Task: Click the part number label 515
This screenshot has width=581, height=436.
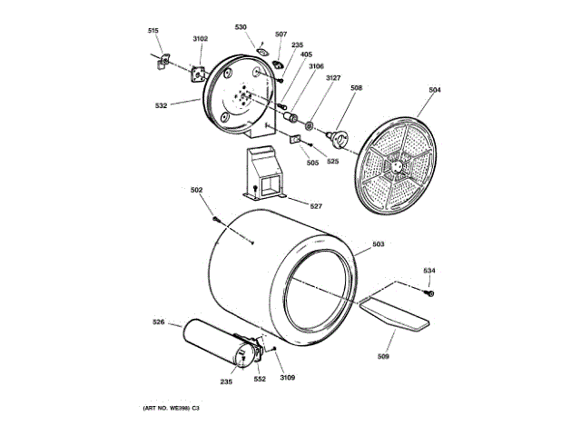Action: pos(153,32)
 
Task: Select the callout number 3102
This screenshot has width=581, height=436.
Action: pos(201,38)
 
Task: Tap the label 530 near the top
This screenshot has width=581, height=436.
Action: pos(241,27)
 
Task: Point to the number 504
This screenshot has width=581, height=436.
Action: pos(435,91)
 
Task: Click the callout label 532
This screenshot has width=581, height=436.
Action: pos(161,106)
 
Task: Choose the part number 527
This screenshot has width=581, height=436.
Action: pos(316,206)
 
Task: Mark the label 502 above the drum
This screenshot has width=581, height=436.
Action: pos(196,190)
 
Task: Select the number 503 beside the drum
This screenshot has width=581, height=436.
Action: pos(379,244)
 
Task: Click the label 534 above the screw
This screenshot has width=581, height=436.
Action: pos(428,270)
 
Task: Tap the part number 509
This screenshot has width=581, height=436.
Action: pos(383,357)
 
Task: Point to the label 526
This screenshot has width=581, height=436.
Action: pos(158,322)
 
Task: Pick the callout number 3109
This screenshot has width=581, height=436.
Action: pos(288,378)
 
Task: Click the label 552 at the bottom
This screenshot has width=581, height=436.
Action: pos(260,379)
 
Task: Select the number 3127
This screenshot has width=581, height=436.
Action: pos(333,79)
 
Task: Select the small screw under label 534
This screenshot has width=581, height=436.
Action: pos(430,292)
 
